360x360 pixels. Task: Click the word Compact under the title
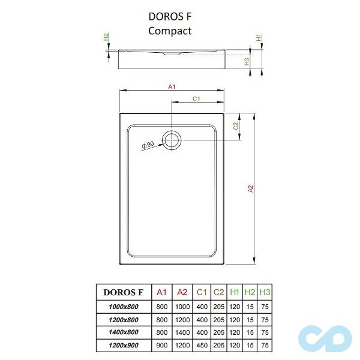(170, 31)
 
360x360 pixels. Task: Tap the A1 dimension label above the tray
(172, 87)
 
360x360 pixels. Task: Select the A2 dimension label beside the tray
(251, 188)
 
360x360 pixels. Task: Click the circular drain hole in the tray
(173, 140)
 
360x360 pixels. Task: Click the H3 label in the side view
(246, 61)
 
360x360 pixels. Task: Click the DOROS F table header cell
(124, 292)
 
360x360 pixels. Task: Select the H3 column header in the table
(265, 292)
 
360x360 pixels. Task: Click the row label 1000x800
(124, 307)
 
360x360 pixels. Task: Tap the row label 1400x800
(124, 332)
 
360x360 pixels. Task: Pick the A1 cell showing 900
(161, 345)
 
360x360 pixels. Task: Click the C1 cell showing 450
(202, 345)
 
